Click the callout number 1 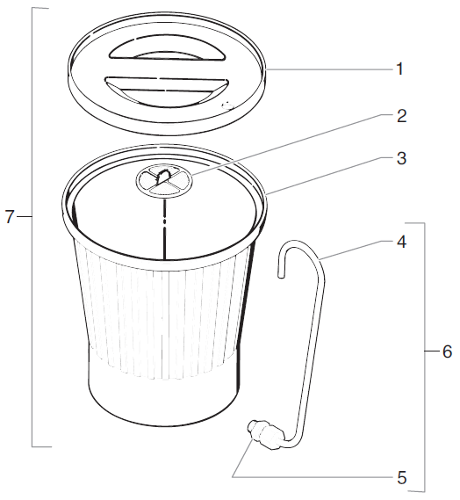(400, 69)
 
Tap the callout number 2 (401, 115)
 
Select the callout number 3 (400, 159)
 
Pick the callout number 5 (401, 478)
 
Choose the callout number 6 (446, 352)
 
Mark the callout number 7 (11, 217)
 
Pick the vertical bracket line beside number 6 (425, 351)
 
